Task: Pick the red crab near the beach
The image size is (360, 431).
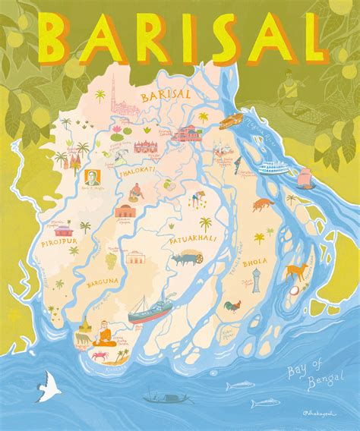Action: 100,354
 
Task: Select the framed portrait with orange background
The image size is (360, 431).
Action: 85,181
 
